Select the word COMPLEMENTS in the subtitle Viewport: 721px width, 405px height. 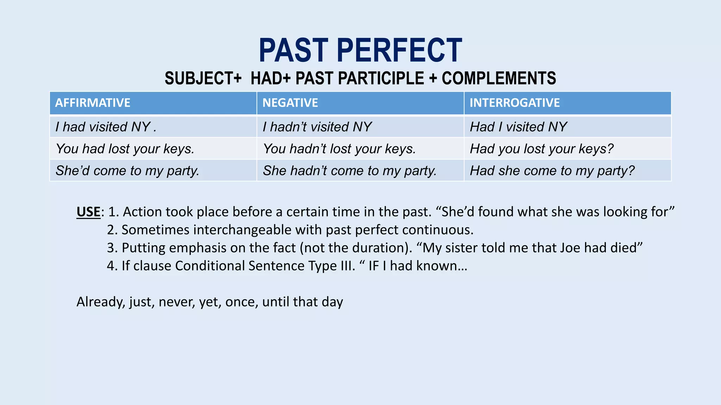tap(499, 78)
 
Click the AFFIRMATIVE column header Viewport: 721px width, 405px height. tap(93, 103)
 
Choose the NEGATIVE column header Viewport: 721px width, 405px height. tap(290, 103)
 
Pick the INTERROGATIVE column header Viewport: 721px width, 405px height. tap(514, 103)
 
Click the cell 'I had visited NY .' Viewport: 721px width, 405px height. tap(106, 127)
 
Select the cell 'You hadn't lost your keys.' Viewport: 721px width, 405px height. tap(339, 149)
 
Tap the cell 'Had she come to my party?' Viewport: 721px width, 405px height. tap(552, 171)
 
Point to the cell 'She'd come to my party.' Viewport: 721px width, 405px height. tap(127, 171)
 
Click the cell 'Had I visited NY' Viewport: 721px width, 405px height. tap(518, 127)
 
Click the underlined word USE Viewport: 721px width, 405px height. tap(88, 212)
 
